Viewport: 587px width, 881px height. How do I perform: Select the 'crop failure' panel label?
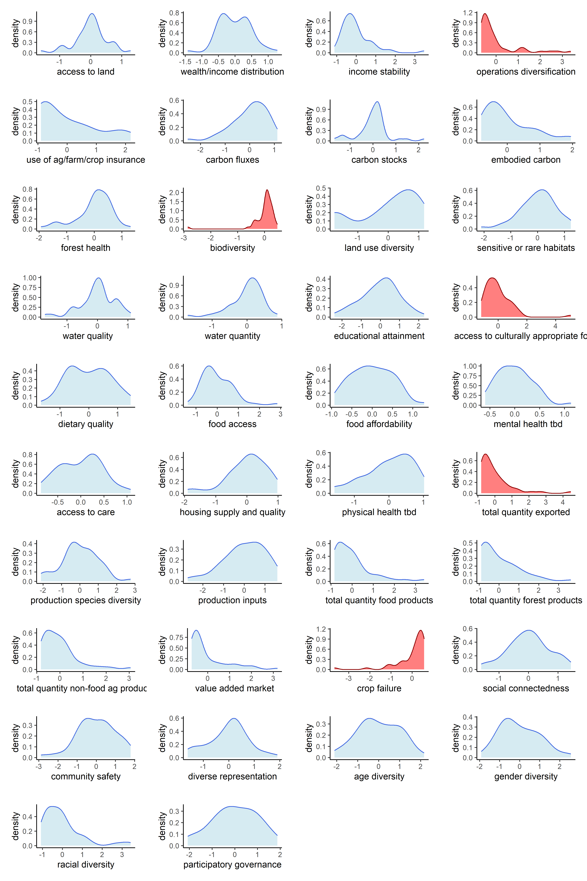coord(379,689)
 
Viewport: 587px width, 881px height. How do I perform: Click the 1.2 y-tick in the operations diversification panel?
coord(468,13)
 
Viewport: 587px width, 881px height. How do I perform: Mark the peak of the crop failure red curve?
coord(421,630)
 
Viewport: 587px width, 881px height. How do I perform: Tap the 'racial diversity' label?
coord(86,865)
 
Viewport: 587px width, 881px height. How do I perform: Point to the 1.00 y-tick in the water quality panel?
coord(30,278)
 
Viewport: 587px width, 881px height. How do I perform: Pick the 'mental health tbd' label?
coord(528,424)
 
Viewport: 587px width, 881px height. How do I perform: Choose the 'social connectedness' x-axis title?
coord(526,689)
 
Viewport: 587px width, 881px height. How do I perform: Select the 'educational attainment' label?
coord(379,336)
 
